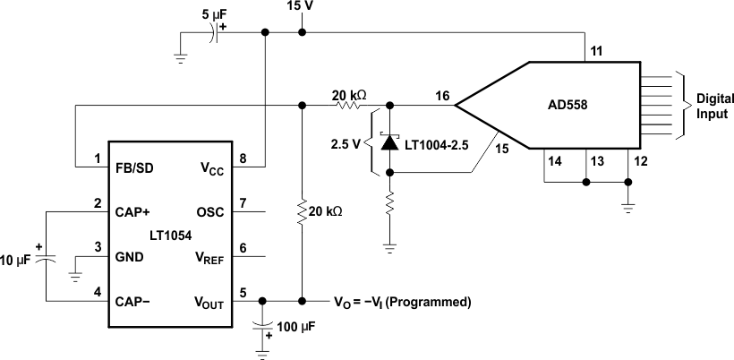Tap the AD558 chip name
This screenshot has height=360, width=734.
point(567,105)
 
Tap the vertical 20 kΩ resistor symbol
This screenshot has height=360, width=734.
point(303,213)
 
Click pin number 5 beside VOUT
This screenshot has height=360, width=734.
point(242,290)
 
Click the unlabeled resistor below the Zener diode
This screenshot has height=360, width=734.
point(388,203)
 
